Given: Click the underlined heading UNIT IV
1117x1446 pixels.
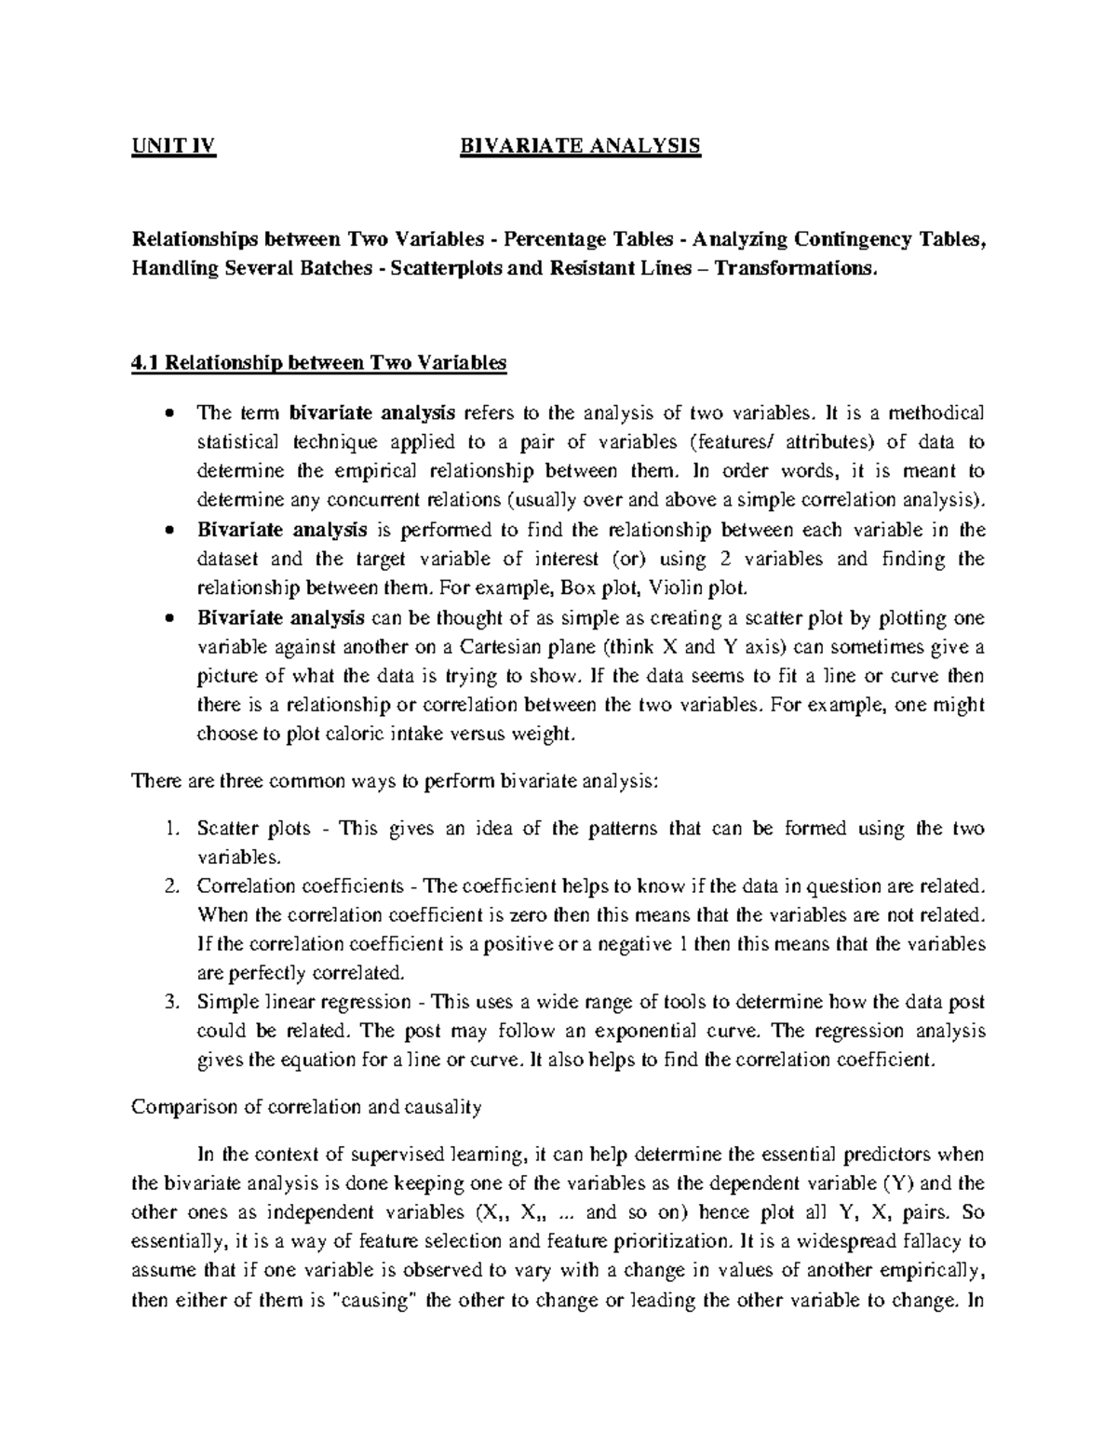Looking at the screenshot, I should point(173,146).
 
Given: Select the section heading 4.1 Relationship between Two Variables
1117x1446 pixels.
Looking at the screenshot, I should point(319,363).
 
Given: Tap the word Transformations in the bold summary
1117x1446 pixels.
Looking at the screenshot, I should point(793,268).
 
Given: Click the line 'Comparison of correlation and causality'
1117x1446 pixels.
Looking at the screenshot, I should point(306,1107).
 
